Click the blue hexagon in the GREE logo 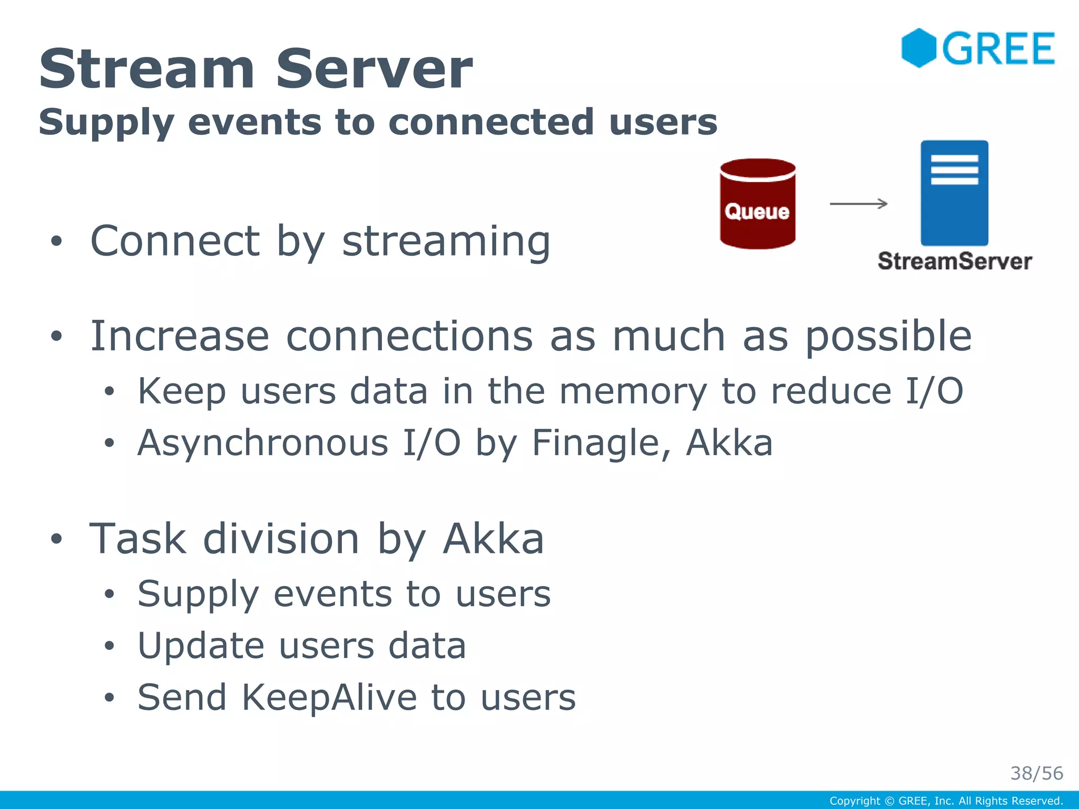click(918, 48)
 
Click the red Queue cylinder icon click(758, 204)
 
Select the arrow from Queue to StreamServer click(858, 204)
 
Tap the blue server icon click(954, 193)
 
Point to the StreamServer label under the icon click(955, 261)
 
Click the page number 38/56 click(1036, 773)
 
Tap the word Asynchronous click(263, 443)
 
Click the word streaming click(446, 241)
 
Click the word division click(281, 539)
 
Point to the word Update click(201, 646)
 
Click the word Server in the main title click(374, 69)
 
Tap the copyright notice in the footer click(946, 801)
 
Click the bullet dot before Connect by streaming click(56, 242)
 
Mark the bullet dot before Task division click(56, 539)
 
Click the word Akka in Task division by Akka click(493, 539)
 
